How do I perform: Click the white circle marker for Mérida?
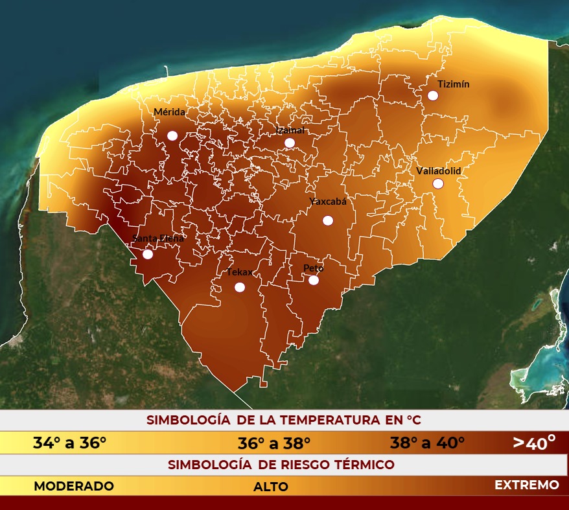pyautogui.click(x=172, y=135)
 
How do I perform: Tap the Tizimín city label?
pyautogui.click(x=453, y=84)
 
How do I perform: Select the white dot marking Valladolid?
pyautogui.click(x=438, y=183)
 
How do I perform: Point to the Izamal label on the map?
pyautogui.click(x=290, y=130)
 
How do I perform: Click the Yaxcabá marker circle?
pyautogui.click(x=328, y=220)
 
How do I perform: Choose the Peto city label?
pyautogui.click(x=314, y=268)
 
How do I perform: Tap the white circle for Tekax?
pyautogui.click(x=240, y=287)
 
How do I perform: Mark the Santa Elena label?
pyautogui.click(x=158, y=238)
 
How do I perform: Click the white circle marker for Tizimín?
pyautogui.click(x=433, y=95)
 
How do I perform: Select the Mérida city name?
pyautogui.click(x=169, y=112)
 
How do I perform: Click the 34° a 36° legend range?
pyautogui.click(x=69, y=443)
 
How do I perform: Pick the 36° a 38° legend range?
pyautogui.click(x=274, y=443)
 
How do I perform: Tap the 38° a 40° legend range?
pyautogui.click(x=427, y=443)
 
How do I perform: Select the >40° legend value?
pyautogui.click(x=534, y=442)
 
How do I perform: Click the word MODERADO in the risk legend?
pyautogui.click(x=74, y=485)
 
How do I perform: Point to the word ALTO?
pyautogui.click(x=271, y=487)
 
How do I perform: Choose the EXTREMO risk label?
pyautogui.click(x=526, y=485)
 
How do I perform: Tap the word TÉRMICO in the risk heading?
pyautogui.click(x=365, y=465)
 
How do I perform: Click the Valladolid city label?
pyautogui.click(x=438, y=170)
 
